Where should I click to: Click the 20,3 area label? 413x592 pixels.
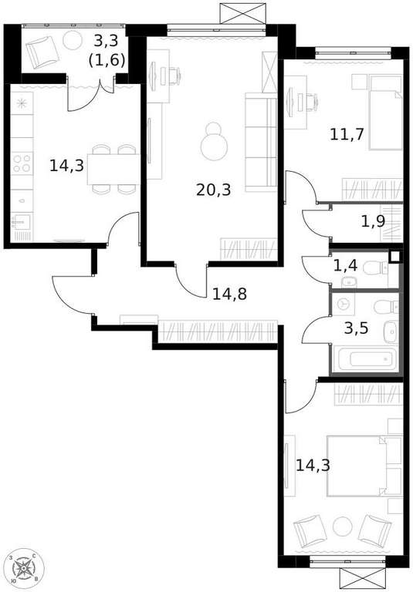click(x=214, y=190)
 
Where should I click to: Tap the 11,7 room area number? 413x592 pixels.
click(x=347, y=134)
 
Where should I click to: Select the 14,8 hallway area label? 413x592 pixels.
click(x=229, y=294)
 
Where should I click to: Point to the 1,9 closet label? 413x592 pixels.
click(x=374, y=221)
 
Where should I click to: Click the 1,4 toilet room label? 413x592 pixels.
click(x=345, y=266)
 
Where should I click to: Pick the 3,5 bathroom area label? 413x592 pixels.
click(x=357, y=328)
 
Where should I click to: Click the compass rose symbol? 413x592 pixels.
click(x=24, y=567)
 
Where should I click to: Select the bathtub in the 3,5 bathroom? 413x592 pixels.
click(x=367, y=359)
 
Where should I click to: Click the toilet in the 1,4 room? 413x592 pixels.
click(x=375, y=269)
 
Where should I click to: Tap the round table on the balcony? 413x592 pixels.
click(x=73, y=40)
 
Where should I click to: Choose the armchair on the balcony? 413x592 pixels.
click(x=42, y=52)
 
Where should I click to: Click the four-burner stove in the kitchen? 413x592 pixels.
click(x=22, y=163)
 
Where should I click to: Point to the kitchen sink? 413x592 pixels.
click(x=22, y=223)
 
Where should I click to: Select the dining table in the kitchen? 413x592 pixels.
click(x=113, y=169)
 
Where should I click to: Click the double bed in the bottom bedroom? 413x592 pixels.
click(x=359, y=466)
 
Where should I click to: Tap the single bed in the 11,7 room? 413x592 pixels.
click(x=385, y=112)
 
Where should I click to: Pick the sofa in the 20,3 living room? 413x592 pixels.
click(x=261, y=143)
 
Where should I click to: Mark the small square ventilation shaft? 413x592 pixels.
click(x=394, y=257)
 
